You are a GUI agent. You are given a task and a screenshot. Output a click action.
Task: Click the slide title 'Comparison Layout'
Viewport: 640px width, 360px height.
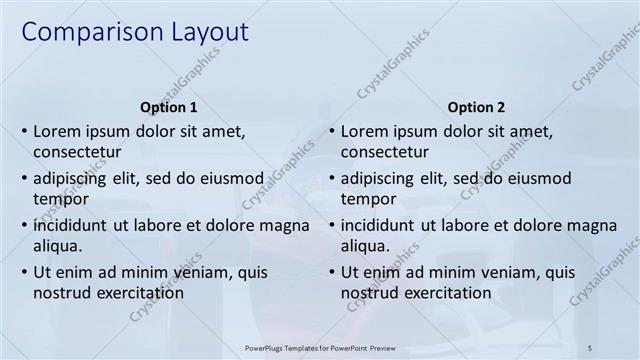pos(135,32)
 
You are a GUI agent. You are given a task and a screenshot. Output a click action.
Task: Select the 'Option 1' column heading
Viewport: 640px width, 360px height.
pos(169,107)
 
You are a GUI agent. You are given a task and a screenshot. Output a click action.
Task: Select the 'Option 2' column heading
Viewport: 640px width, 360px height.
pos(476,107)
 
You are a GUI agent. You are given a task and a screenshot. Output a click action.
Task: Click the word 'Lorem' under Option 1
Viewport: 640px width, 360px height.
pos(58,131)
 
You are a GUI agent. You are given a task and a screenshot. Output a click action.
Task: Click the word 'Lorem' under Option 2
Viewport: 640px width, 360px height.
pos(365,131)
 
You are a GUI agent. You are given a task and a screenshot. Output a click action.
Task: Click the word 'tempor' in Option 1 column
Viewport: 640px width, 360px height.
pos(60,199)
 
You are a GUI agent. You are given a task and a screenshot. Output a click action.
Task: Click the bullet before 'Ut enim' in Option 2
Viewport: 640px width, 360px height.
pos(331,272)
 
